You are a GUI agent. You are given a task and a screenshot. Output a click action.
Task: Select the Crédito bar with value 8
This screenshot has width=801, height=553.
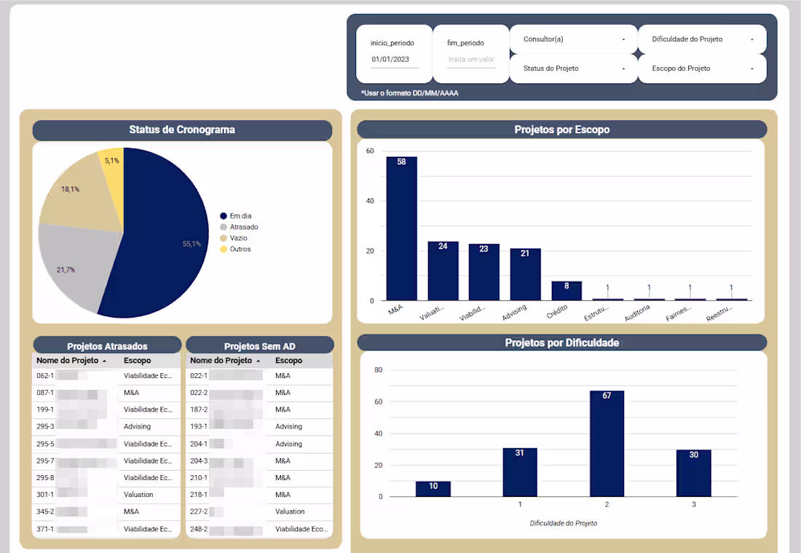pyautogui.click(x=567, y=291)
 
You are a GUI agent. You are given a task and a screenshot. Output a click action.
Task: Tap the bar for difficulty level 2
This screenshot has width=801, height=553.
pyautogui.click(x=607, y=444)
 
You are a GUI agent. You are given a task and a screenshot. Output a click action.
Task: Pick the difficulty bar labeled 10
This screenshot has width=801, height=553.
pyautogui.click(x=433, y=489)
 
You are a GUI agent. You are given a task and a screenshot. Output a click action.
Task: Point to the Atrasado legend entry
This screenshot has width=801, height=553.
pyautogui.click(x=243, y=227)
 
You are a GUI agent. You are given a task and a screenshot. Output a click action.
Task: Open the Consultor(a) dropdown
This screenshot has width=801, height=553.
pyautogui.click(x=573, y=39)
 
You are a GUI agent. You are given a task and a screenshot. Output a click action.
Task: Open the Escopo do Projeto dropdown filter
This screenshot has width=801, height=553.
pyautogui.click(x=702, y=68)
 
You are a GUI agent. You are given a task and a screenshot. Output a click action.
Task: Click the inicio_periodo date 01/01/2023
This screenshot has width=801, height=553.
pyautogui.click(x=391, y=60)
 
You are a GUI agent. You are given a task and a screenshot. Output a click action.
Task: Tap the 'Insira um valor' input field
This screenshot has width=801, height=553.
pyautogui.click(x=470, y=60)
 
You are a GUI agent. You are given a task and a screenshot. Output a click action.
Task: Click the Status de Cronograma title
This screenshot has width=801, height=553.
pyautogui.click(x=182, y=130)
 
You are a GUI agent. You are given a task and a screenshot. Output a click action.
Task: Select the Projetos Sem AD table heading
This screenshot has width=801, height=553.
pyautogui.click(x=259, y=346)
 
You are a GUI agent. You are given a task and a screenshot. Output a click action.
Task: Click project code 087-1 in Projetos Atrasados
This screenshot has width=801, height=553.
pyautogui.click(x=45, y=393)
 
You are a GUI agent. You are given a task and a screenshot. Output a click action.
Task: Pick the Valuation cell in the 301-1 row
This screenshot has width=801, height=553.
pyautogui.click(x=138, y=495)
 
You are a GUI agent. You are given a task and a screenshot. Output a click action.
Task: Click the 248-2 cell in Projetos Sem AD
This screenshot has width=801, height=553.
pyautogui.click(x=199, y=529)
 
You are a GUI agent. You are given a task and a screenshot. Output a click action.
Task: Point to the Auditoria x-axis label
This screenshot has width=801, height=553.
pyautogui.click(x=639, y=317)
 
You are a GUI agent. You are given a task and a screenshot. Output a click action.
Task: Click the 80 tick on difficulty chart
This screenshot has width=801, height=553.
pyautogui.click(x=378, y=370)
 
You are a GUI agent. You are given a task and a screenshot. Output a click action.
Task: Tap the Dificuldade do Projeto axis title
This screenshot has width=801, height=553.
pyautogui.click(x=564, y=523)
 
